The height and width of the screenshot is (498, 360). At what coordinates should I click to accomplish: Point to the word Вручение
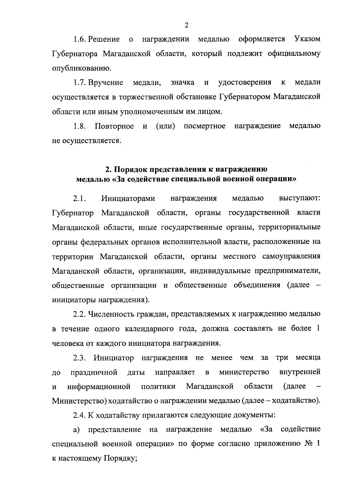tap(106, 82)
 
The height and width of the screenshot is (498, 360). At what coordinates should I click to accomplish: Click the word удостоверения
tap(245, 82)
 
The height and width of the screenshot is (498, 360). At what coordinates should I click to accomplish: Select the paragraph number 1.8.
tap(79, 126)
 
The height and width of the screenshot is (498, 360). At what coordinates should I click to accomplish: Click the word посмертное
tap(205, 126)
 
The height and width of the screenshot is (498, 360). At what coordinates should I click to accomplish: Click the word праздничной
tap(94, 372)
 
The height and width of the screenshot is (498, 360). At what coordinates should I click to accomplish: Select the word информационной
tap(99, 387)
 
